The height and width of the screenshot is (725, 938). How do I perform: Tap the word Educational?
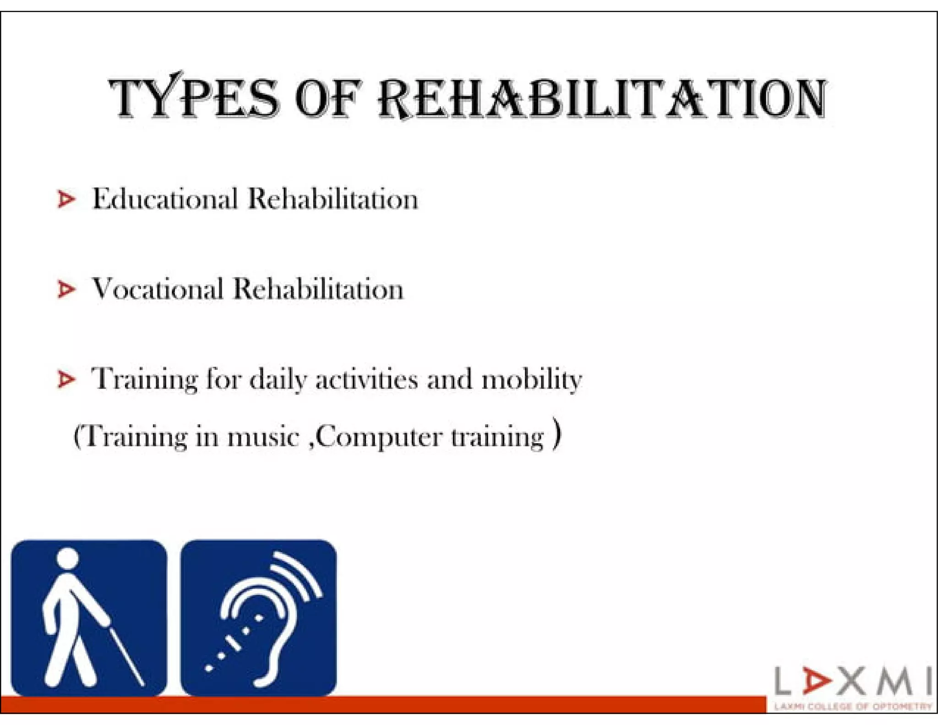pyautogui.click(x=165, y=199)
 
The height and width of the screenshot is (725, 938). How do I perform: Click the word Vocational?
pyautogui.click(x=158, y=289)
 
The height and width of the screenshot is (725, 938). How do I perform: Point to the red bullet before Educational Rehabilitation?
pyautogui.click(x=66, y=199)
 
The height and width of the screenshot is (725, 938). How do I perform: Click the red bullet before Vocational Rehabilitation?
pyautogui.click(x=66, y=289)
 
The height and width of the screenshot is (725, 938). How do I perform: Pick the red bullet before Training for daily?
pyautogui.click(x=66, y=379)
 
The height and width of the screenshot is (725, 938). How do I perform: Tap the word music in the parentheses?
pyautogui.click(x=263, y=436)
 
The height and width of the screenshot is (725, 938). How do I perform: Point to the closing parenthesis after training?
pyautogui.click(x=556, y=434)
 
